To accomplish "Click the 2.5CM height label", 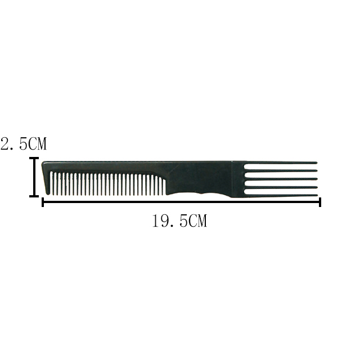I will pyautogui.click(x=24, y=144).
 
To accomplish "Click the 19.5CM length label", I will pyautogui.click(x=179, y=222).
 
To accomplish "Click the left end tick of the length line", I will pyautogui.click(x=43, y=202).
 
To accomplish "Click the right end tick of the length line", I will pyautogui.click(x=319, y=202).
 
